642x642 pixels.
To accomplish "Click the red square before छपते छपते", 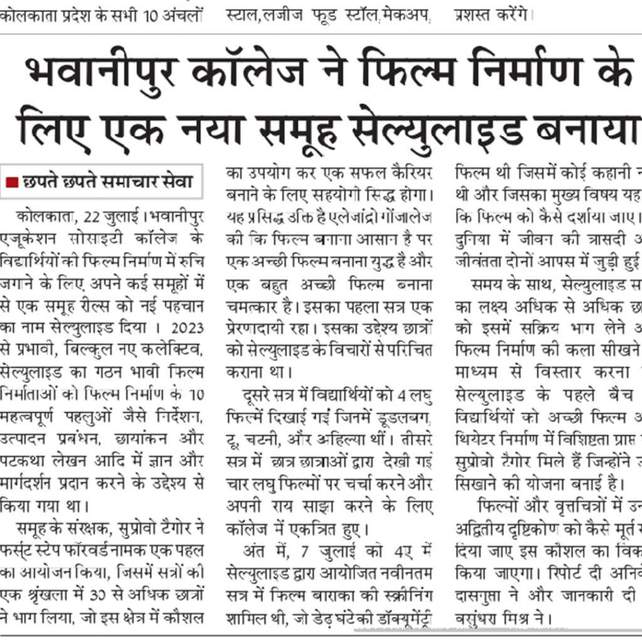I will [x=12, y=182].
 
